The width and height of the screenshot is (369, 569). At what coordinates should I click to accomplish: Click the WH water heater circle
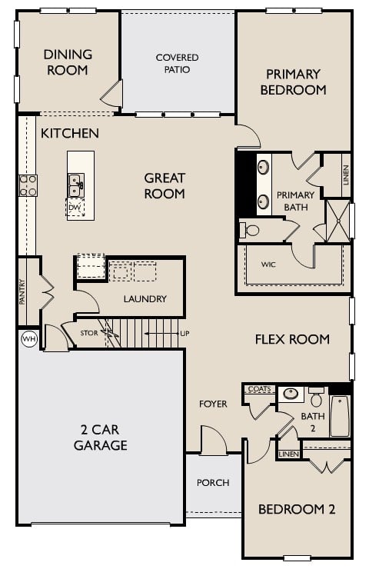coord(29,339)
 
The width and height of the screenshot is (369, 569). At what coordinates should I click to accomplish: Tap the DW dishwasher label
coord(74,208)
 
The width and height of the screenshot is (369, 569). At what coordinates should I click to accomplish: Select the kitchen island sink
coord(76,185)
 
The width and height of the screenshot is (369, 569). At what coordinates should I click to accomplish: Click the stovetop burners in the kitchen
coord(28,185)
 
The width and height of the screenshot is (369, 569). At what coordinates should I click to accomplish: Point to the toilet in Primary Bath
coord(249,230)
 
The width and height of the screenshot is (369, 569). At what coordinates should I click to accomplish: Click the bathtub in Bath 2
coord(340,416)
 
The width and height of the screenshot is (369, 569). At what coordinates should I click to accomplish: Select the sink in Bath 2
coord(291,394)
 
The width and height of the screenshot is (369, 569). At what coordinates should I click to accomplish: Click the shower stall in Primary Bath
coord(338,221)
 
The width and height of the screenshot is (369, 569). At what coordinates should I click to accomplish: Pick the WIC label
coord(268,265)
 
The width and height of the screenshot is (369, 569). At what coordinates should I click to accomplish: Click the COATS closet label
coord(259,389)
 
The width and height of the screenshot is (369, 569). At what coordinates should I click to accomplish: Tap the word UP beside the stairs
coord(184,333)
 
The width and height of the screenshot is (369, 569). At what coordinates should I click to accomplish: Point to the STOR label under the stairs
coord(89,333)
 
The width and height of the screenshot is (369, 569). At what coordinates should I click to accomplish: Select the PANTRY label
coord(22,291)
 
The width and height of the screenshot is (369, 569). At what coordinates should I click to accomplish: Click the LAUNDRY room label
coord(145,298)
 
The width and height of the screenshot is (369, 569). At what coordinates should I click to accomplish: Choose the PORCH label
coord(213,483)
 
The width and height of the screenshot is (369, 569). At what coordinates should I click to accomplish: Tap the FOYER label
coord(213,404)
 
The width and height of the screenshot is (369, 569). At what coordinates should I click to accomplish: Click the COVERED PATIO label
coord(177,63)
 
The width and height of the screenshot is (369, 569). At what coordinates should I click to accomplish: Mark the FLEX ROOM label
coord(292,339)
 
